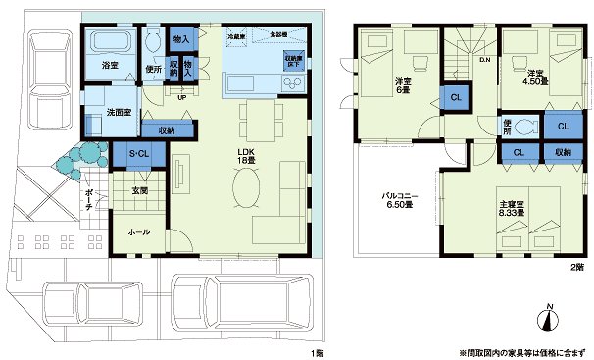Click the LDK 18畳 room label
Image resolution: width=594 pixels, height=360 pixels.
(247, 157)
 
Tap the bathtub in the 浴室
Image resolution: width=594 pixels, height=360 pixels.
(110, 45)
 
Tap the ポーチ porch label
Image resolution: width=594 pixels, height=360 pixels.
(89, 197)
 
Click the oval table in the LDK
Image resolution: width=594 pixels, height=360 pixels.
(246, 186)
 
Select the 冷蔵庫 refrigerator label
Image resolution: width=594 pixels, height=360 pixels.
(235, 35)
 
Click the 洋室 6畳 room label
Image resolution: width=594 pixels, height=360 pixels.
(402, 85)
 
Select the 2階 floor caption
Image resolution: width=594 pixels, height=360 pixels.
(578, 267)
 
